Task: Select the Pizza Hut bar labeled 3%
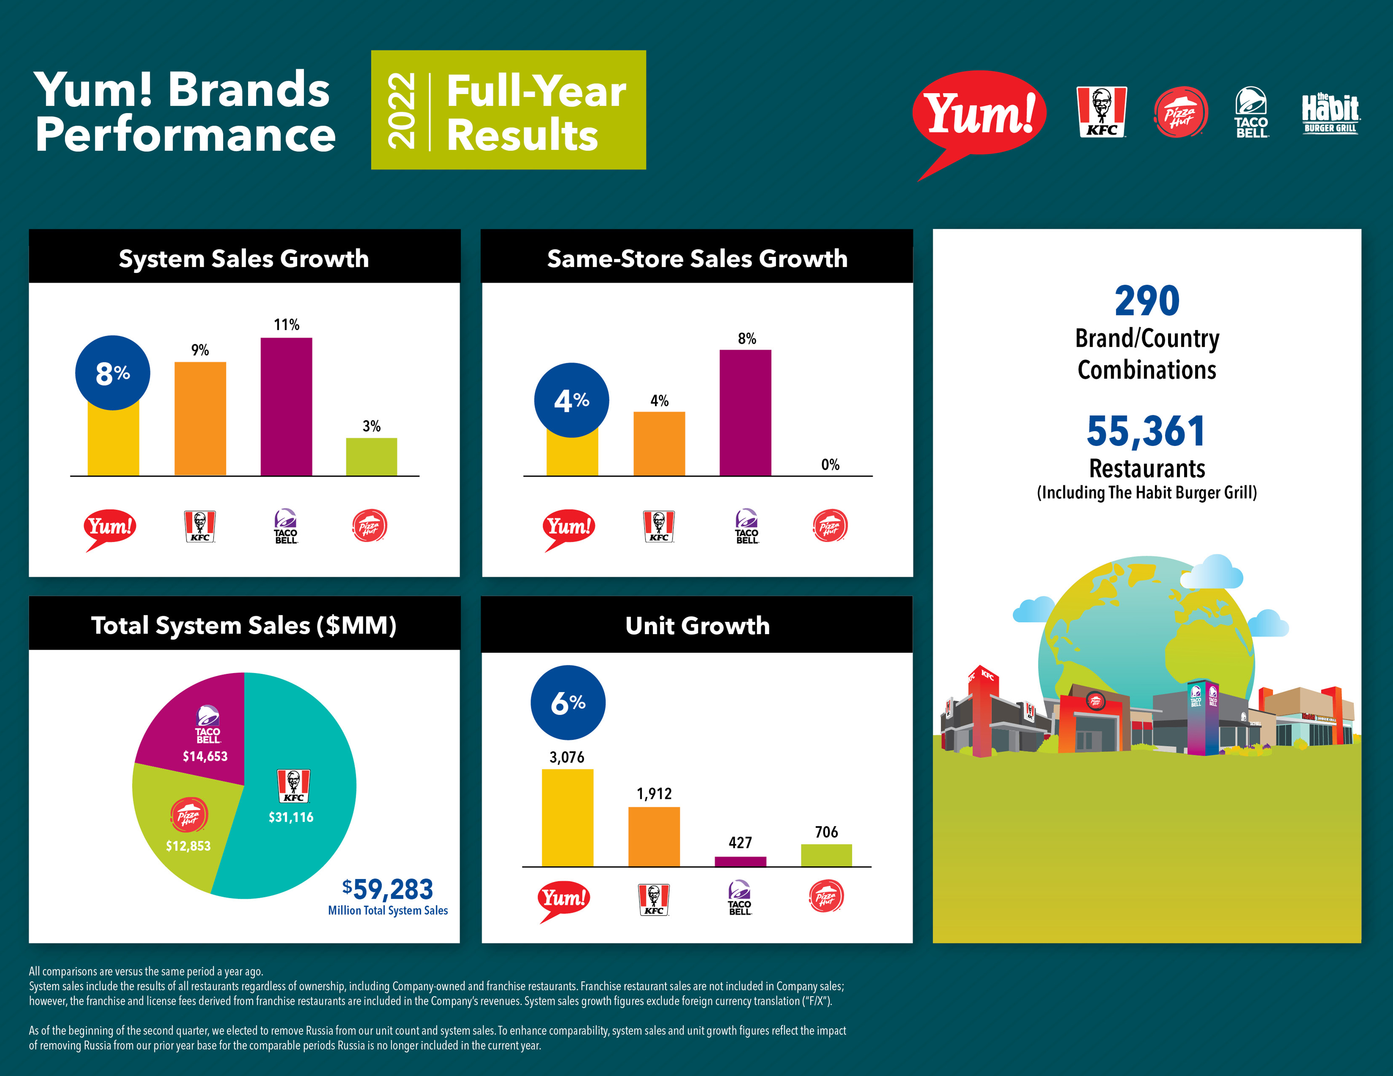[x=371, y=457]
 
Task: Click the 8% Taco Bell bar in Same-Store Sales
[x=745, y=413]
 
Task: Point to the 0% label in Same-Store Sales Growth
[x=830, y=464]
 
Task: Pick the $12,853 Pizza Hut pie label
[x=188, y=846]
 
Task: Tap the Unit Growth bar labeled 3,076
[x=567, y=818]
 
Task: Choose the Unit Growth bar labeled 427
[x=740, y=862]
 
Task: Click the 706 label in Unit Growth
[x=826, y=832]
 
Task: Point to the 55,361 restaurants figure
[x=1146, y=431]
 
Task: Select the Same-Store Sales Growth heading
[x=697, y=258]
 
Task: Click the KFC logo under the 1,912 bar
[x=654, y=899]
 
